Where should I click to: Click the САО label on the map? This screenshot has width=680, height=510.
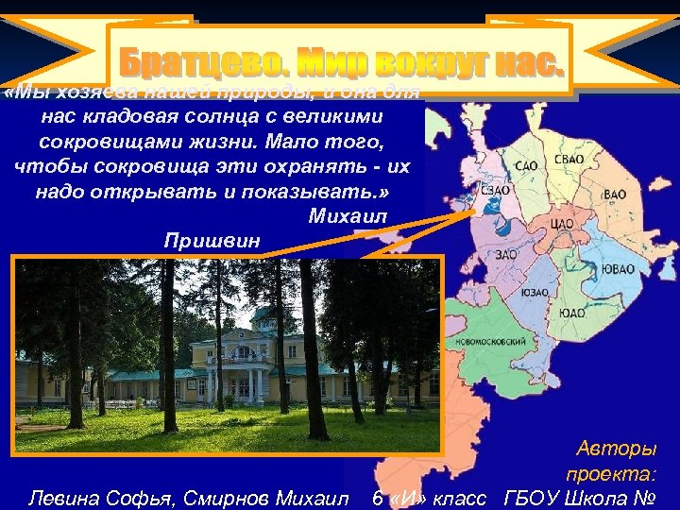(x=527, y=166)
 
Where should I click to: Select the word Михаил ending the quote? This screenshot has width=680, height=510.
(x=348, y=216)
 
